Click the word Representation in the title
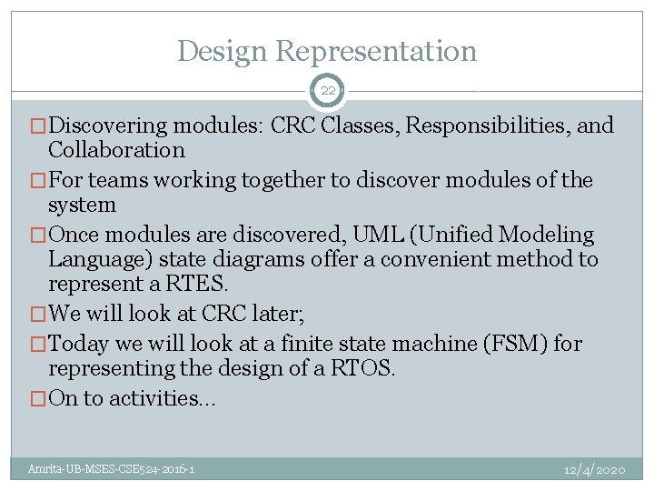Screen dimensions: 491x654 377,51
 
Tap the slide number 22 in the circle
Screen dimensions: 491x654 327,91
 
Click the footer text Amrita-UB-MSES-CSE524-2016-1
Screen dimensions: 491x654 110,469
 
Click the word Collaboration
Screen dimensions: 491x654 116,150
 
